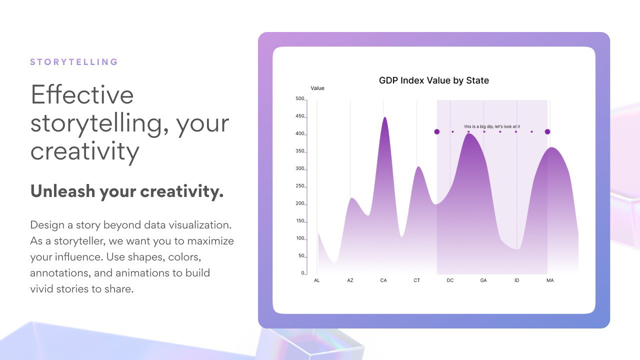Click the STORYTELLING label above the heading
[x=74, y=62]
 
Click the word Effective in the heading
[x=82, y=94]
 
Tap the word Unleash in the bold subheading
[x=62, y=191]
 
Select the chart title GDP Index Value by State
[x=433, y=80]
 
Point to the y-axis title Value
[x=317, y=88]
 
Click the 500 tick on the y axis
[x=299, y=98]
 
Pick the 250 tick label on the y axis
[x=299, y=186]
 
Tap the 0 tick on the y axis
[x=303, y=273]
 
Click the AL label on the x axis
[x=317, y=280]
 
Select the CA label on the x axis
[x=383, y=280]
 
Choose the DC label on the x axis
[x=450, y=280]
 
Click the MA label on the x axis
[x=550, y=280]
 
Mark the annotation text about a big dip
[x=492, y=126]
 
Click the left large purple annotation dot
[x=437, y=131]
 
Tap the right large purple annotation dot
[x=547, y=131]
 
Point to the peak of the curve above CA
[x=385, y=117]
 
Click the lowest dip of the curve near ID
[x=517, y=249]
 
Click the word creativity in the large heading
[x=85, y=151]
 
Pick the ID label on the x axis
[x=516, y=280]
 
